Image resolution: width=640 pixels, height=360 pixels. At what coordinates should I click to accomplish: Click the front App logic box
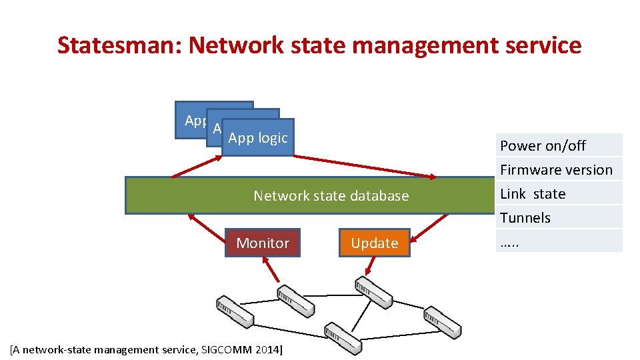(257, 138)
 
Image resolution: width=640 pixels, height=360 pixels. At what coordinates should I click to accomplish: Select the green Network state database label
(331, 195)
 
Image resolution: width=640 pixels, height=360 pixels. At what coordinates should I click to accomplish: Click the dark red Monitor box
(263, 243)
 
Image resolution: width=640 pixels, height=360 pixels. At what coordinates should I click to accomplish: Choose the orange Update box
(374, 243)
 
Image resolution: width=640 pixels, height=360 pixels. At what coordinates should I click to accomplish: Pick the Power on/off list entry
(543, 145)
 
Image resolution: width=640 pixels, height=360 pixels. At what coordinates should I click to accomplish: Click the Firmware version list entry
(556, 169)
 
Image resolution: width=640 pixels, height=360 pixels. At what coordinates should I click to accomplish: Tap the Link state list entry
(533, 193)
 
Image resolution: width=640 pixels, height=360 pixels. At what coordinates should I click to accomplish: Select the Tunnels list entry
(525, 217)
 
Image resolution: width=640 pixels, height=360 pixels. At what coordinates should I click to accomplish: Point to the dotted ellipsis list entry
(509, 242)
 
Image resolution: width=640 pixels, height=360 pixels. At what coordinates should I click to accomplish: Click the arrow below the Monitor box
(271, 271)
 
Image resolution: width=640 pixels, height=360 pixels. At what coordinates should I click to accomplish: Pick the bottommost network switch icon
(343, 339)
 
